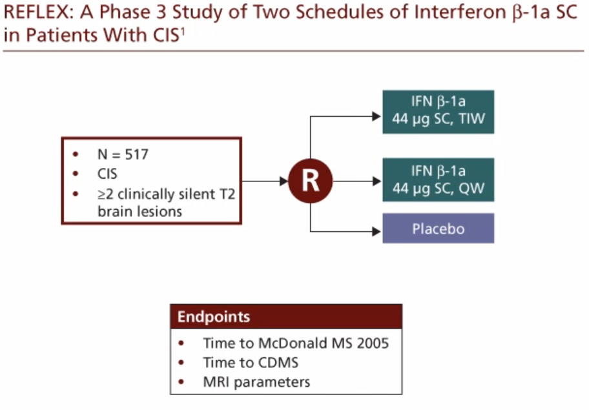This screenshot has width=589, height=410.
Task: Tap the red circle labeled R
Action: pyautogui.click(x=310, y=181)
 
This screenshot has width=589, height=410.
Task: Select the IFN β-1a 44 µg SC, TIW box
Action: pyautogui.click(x=438, y=112)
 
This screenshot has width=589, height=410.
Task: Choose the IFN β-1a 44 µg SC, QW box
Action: pyautogui.click(x=438, y=179)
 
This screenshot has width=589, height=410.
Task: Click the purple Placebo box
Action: pyautogui.click(x=438, y=229)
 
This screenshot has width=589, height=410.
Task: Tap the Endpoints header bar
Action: pyautogui.click(x=285, y=317)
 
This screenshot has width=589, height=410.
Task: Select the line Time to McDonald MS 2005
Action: pyautogui.click(x=296, y=343)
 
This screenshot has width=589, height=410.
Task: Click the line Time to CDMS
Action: pyautogui.click(x=251, y=362)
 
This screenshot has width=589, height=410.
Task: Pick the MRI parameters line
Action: pyautogui.click(x=256, y=382)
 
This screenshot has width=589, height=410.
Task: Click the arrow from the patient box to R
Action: pyautogui.click(x=265, y=181)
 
